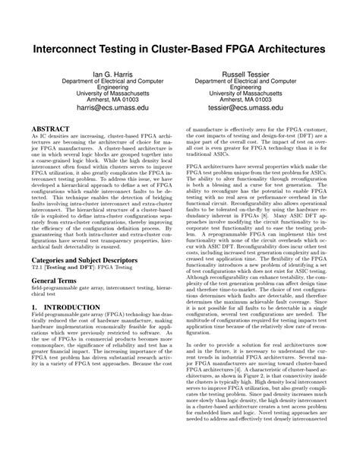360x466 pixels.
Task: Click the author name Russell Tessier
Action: [246, 74]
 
